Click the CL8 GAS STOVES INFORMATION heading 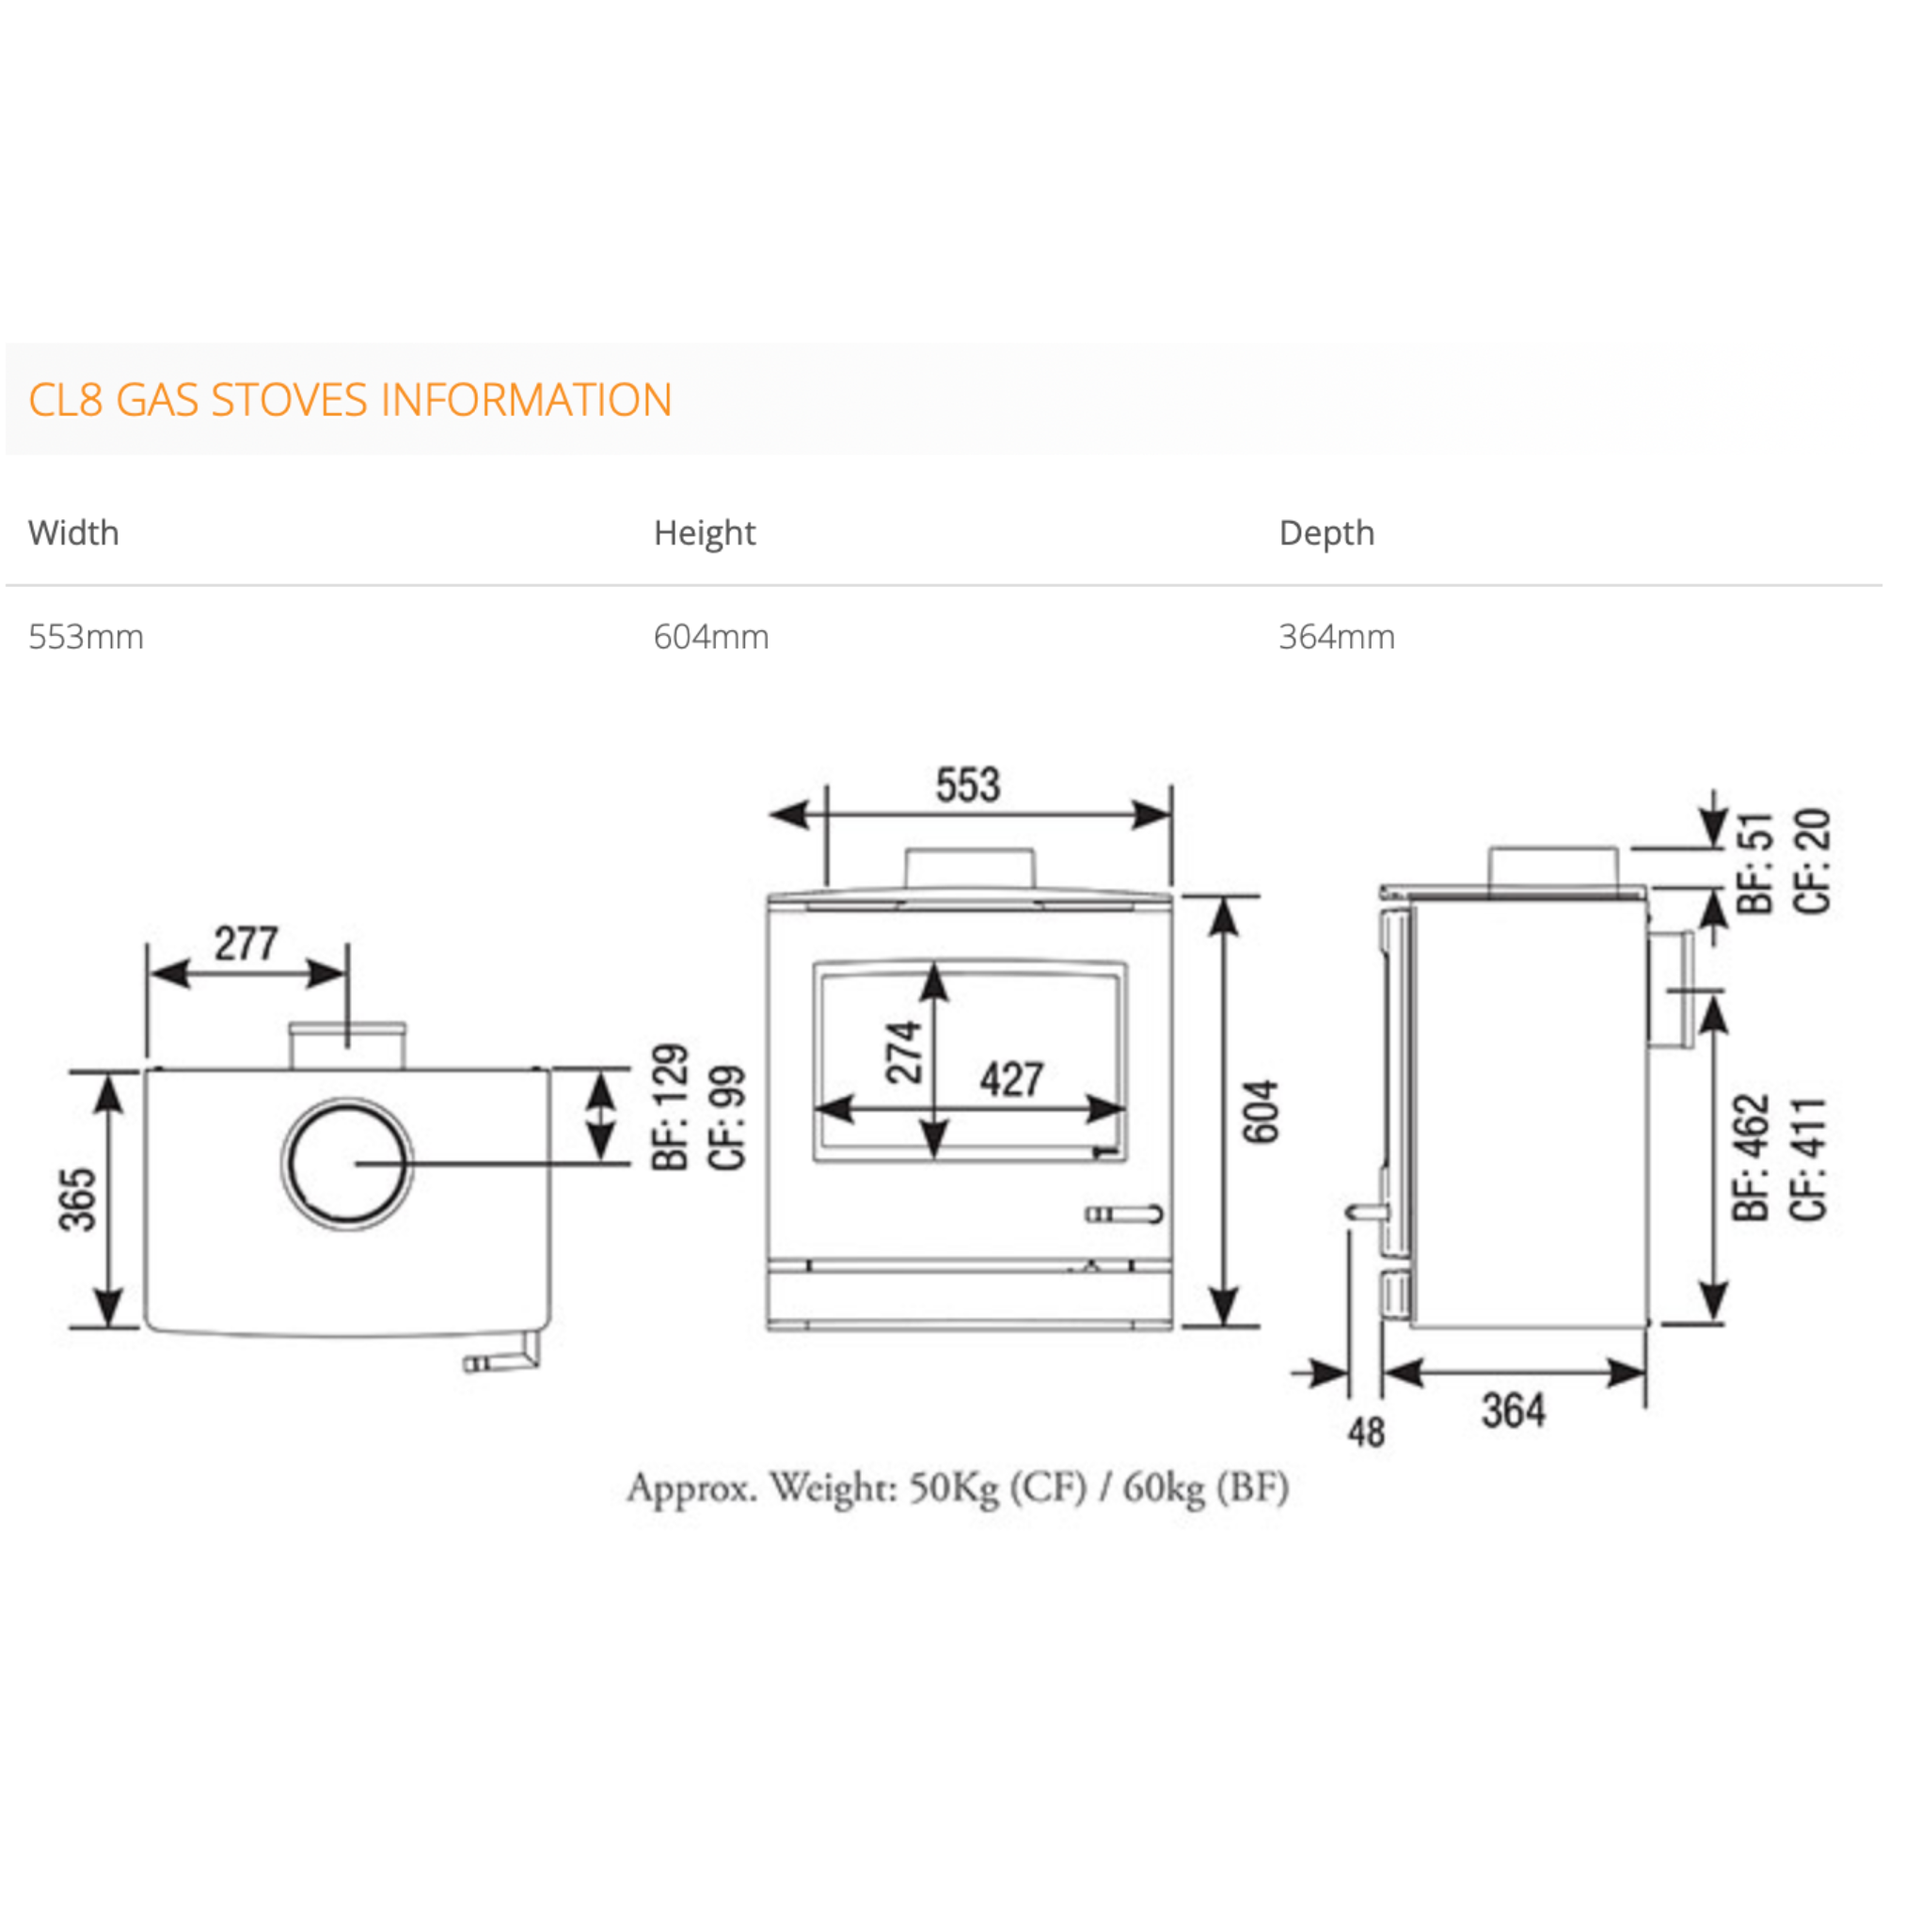click(x=350, y=401)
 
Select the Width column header click(x=74, y=533)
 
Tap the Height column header click(x=704, y=533)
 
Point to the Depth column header click(x=1326, y=533)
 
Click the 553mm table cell click(x=86, y=637)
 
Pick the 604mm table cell click(x=711, y=637)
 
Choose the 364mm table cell click(x=1336, y=637)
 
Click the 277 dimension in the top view click(x=246, y=944)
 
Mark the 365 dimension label click(x=79, y=1200)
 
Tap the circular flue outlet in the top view click(x=347, y=1164)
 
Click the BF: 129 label click(x=671, y=1107)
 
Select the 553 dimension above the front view click(x=968, y=786)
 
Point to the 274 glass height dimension click(x=903, y=1053)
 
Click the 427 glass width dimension click(x=1011, y=1080)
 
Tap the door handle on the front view click(x=1124, y=1214)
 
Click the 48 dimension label click(x=1367, y=1432)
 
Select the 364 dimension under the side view click(x=1513, y=1411)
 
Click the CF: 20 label click(x=1812, y=862)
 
